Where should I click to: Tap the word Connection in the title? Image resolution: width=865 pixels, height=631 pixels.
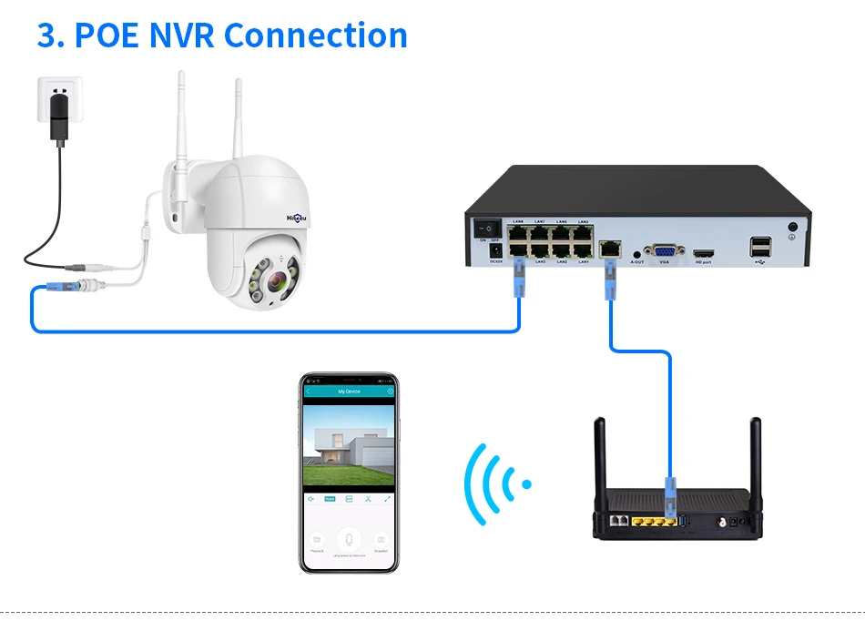pos(315,36)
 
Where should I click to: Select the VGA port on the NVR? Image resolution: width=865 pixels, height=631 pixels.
pos(664,251)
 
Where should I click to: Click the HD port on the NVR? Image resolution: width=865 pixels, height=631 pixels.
pos(703,252)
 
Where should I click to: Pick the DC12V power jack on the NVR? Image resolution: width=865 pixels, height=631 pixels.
pos(496,249)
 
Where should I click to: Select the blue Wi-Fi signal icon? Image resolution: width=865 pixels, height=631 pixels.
pos(495,483)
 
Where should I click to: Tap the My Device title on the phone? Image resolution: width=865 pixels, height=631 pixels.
pos(349,392)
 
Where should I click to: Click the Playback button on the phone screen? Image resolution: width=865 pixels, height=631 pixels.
pos(317,539)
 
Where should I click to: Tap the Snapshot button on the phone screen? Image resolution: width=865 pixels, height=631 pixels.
pos(381,539)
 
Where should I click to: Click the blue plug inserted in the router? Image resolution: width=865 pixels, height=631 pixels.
pos(671,496)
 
